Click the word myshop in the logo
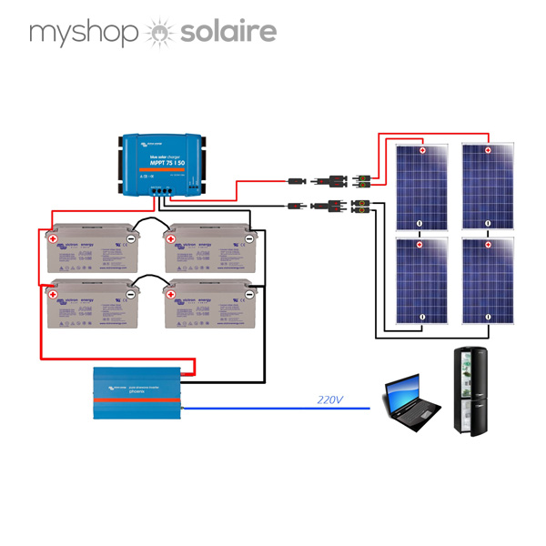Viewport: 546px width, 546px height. pyautogui.click(x=83, y=34)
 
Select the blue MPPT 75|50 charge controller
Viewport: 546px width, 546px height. pyautogui.click(x=162, y=165)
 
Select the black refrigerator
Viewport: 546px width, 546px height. pyautogui.click(x=475, y=393)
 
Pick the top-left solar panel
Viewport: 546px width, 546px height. pyautogui.click(x=420, y=188)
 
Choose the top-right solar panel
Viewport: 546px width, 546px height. pyautogui.click(x=488, y=188)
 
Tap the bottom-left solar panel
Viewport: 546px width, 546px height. pyautogui.click(x=420, y=281)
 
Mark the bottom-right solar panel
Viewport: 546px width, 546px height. pyautogui.click(x=488, y=281)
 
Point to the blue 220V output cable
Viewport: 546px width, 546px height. pyautogui.click(x=273, y=408)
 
